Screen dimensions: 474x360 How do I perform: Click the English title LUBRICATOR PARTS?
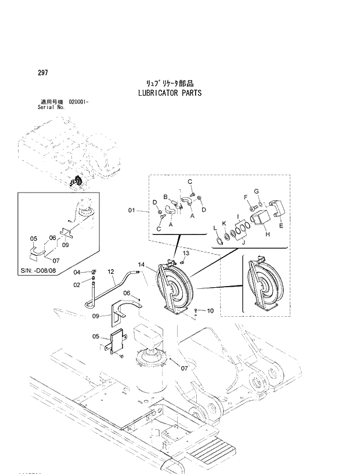(x=170, y=93)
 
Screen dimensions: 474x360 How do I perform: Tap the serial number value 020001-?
(x=78, y=102)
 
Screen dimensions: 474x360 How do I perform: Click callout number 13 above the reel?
(x=186, y=254)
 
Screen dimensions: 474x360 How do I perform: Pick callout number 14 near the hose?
(x=141, y=265)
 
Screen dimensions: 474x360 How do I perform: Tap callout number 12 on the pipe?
(x=111, y=272)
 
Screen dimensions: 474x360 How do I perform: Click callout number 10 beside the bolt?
(x=210, y=311)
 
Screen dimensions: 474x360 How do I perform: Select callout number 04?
(x=77, y=272)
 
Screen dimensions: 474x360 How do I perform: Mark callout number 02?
(x=77, y=284)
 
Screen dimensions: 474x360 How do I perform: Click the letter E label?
(x=282, y=227)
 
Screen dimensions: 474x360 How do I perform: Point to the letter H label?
(x=267, y=234)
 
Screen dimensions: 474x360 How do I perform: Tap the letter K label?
(x=224, y=223)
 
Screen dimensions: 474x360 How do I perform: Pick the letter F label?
(x=246, y=197)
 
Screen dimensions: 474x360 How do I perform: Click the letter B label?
(x=165, y=197)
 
